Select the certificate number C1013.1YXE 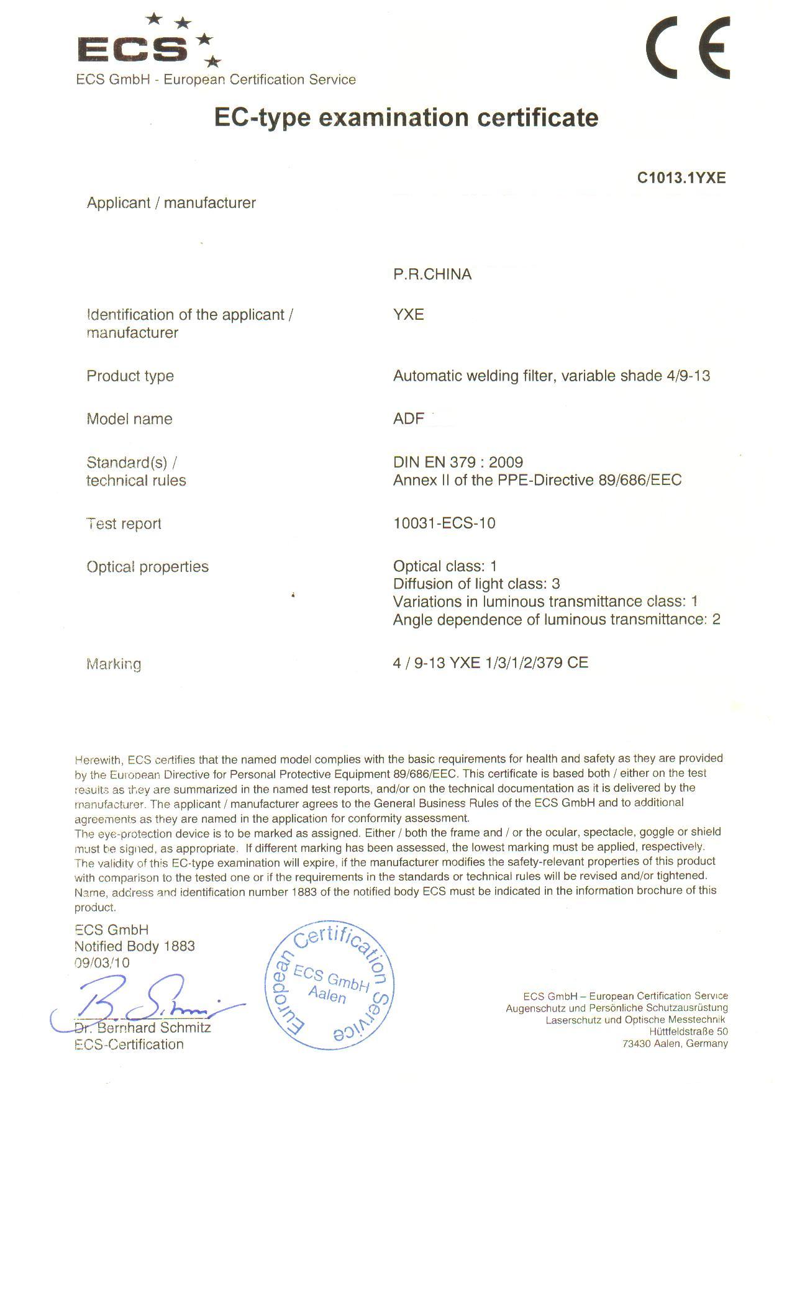point(681,178)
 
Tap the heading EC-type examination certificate point(406,117)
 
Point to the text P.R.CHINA point(432,274)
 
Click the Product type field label point(130,376)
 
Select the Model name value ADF point(408,419)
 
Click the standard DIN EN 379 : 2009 point(458,462)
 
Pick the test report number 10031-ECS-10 point(444,523)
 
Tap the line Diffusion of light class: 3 point(476,584)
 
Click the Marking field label point(114,664)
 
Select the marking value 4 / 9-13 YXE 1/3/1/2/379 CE point(490,663)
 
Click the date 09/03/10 point(102,963)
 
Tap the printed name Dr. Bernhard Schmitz point(142,1028)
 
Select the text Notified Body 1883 point(134,946)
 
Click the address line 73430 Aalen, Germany point(675,1044)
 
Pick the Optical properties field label point(147,567)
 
